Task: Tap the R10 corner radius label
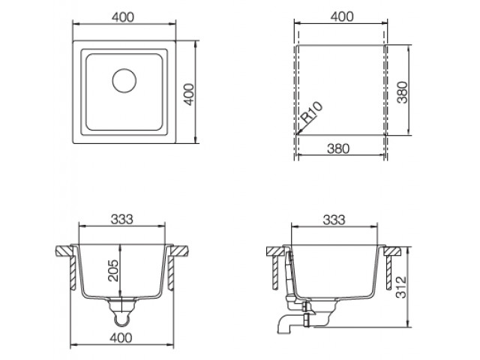[x=311, y=112]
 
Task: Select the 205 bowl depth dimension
[x=113, y=270]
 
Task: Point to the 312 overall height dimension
[x=401, y=286]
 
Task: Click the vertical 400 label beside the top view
[x=190, y=94]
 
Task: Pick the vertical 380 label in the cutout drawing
[x=403, y=92]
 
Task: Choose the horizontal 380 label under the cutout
[x=338, y=148]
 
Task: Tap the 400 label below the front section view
[x=121, y=337]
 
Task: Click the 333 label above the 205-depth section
[x=121, y=219]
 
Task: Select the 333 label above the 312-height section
[x=334, y=220]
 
